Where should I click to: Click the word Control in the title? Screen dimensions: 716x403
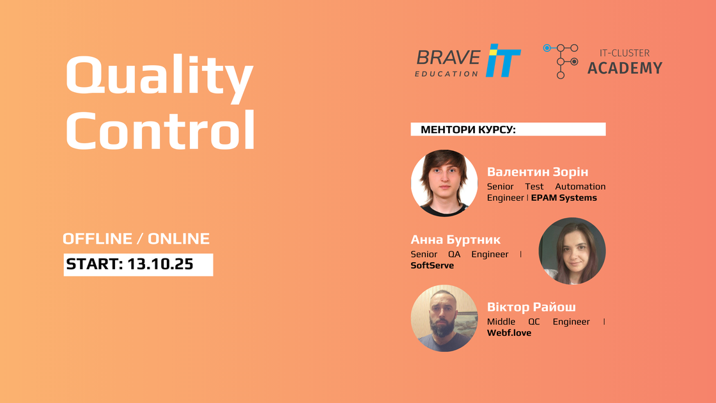click(160, 129)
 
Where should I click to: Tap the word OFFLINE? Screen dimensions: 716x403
click(97, 239)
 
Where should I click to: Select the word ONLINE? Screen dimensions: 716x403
click(178, 239)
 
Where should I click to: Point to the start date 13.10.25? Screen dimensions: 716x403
click(160, 264)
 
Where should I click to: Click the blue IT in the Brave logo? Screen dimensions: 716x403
click(502, 60)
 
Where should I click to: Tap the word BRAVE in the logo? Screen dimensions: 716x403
click(448, 58)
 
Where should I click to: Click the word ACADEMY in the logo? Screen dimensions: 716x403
click(625, 68)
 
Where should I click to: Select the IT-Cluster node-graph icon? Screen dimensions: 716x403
click(561, 61)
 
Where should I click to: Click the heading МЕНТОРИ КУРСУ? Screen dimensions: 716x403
click(468, 130)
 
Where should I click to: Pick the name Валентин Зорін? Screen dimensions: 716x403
click(538, 172)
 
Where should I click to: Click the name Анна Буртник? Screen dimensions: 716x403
click(455, 239)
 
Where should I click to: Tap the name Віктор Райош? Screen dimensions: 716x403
click(531, 306)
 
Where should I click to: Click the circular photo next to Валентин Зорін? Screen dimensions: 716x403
click(444, 183)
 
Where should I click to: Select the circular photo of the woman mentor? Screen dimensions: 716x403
click(572, 251)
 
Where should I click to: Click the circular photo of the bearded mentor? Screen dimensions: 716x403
click(444, 319)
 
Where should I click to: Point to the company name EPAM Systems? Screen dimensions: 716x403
click(564, 198)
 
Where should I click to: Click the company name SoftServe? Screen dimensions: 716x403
click(432, 265)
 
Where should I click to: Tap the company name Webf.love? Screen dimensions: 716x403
click(509, 333)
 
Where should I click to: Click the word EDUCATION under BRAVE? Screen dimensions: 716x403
click(446, 74)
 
